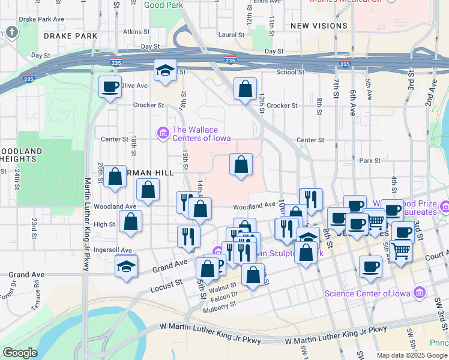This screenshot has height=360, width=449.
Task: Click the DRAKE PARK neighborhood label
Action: [71, 36]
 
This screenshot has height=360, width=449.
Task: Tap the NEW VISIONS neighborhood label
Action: [319, 26]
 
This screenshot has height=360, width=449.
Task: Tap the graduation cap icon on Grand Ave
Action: [127, 267]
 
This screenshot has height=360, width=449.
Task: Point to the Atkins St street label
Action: [136, 31]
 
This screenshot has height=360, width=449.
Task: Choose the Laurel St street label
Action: [232, 35]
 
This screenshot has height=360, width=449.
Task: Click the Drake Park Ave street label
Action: [41, 19]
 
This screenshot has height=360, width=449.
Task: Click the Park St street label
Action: [370, 160]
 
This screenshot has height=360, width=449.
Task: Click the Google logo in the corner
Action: [20, 353]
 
